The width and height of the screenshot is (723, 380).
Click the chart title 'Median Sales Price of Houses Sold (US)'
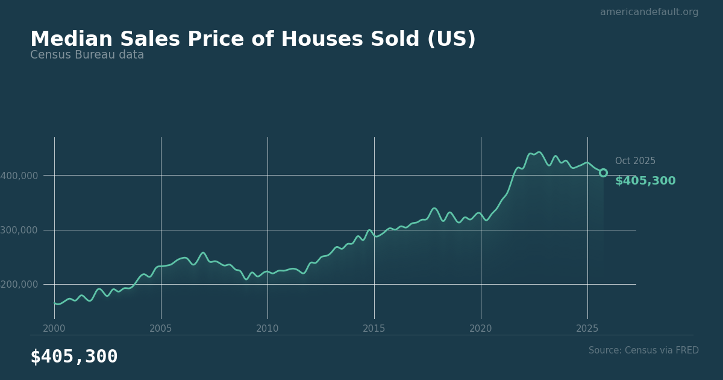pyautogui.click(x=253, y=40)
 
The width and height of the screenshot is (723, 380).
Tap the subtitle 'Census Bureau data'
pyautogui.click(x=87, y=55)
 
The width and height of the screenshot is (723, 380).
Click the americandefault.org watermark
pyautogui.click(x=649, y=12)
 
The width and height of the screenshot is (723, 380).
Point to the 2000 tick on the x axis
pyautogui.click(x=54, y=329)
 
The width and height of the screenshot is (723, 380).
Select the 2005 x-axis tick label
pyautogui.click(x=161, y=329)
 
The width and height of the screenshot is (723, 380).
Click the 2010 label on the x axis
pyautogui.click(x=268, y=329)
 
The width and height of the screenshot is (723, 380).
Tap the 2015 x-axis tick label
pyautogui.click(x=374, y=329)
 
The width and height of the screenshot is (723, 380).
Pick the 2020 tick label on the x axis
pyautogui.click(x=481, y=329)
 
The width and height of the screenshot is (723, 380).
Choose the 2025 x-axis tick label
pyautogui.click(x=587, y=329)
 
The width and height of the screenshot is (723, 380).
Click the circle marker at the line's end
pyautogui.click(x=603, y=173)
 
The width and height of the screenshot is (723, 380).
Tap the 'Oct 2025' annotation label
pyautogui.click(x=635, y=161)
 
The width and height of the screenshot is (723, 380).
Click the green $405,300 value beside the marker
pyautogui.click(x=645, y=181)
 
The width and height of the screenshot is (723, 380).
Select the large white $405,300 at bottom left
pyautogui.click(x=74, y=357)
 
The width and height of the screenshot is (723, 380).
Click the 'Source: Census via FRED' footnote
pyautogui.click(x=643, y=350)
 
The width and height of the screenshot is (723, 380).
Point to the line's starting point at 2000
pyautogui.click(x=55, y=303)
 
